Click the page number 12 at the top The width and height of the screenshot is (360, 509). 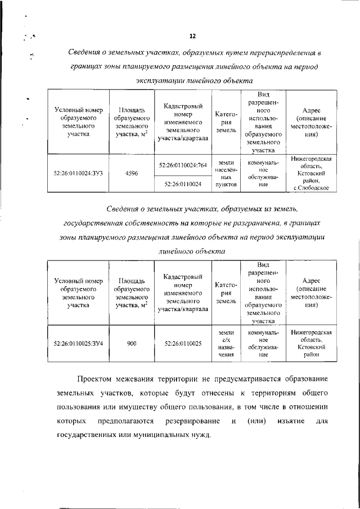click(192, 37)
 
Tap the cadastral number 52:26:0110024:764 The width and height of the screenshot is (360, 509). click(183, 165)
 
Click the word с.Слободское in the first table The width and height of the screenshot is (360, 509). click(311, 187)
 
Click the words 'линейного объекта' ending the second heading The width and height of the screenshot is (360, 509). click(192, 252)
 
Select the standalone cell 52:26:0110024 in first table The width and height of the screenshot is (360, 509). click(183, 183)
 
